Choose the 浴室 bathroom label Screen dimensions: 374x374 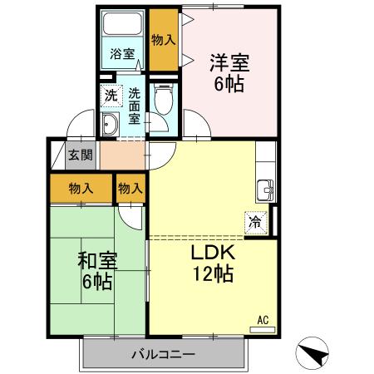click(x=122, y=54)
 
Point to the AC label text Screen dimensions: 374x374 click(x=263, y=318)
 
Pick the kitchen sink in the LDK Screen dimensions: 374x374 click(x=266, y=187)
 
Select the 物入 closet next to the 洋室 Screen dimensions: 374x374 click(x=163, y=39)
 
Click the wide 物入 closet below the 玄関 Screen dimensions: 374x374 click(x=80, y=188)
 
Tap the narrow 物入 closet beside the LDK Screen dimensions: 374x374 click(x=130, y=188)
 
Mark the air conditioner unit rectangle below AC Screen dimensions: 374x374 click(x=263, y=329)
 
